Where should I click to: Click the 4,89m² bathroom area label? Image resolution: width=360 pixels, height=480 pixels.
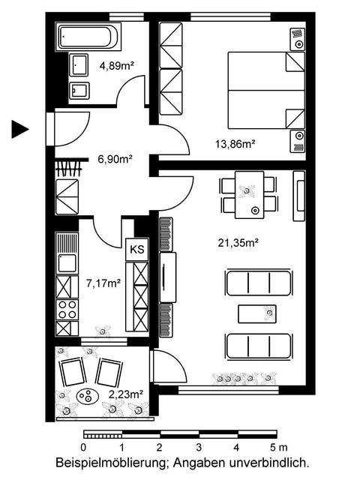[117, 65]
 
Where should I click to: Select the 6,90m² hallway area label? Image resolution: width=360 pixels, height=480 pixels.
[115, 159]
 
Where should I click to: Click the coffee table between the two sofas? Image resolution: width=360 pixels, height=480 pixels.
[257, 313]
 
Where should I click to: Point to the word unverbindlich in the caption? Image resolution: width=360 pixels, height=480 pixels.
[271, 463]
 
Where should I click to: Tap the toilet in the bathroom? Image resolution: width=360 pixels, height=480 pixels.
[79, 91]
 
